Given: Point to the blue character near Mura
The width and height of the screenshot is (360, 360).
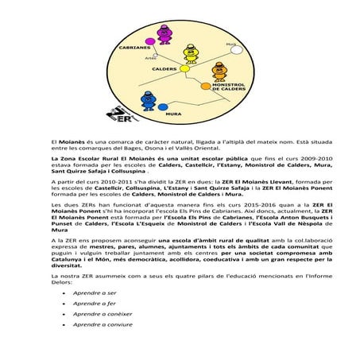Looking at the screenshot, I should pyautogui.click(x=149, y=101).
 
